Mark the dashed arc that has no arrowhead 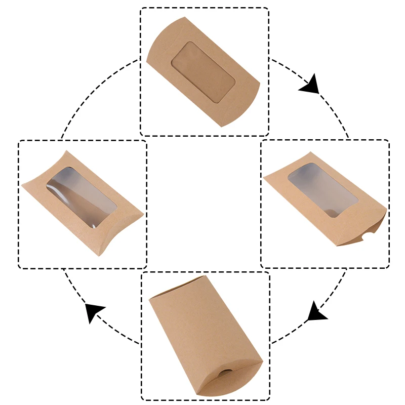point(91,86)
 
